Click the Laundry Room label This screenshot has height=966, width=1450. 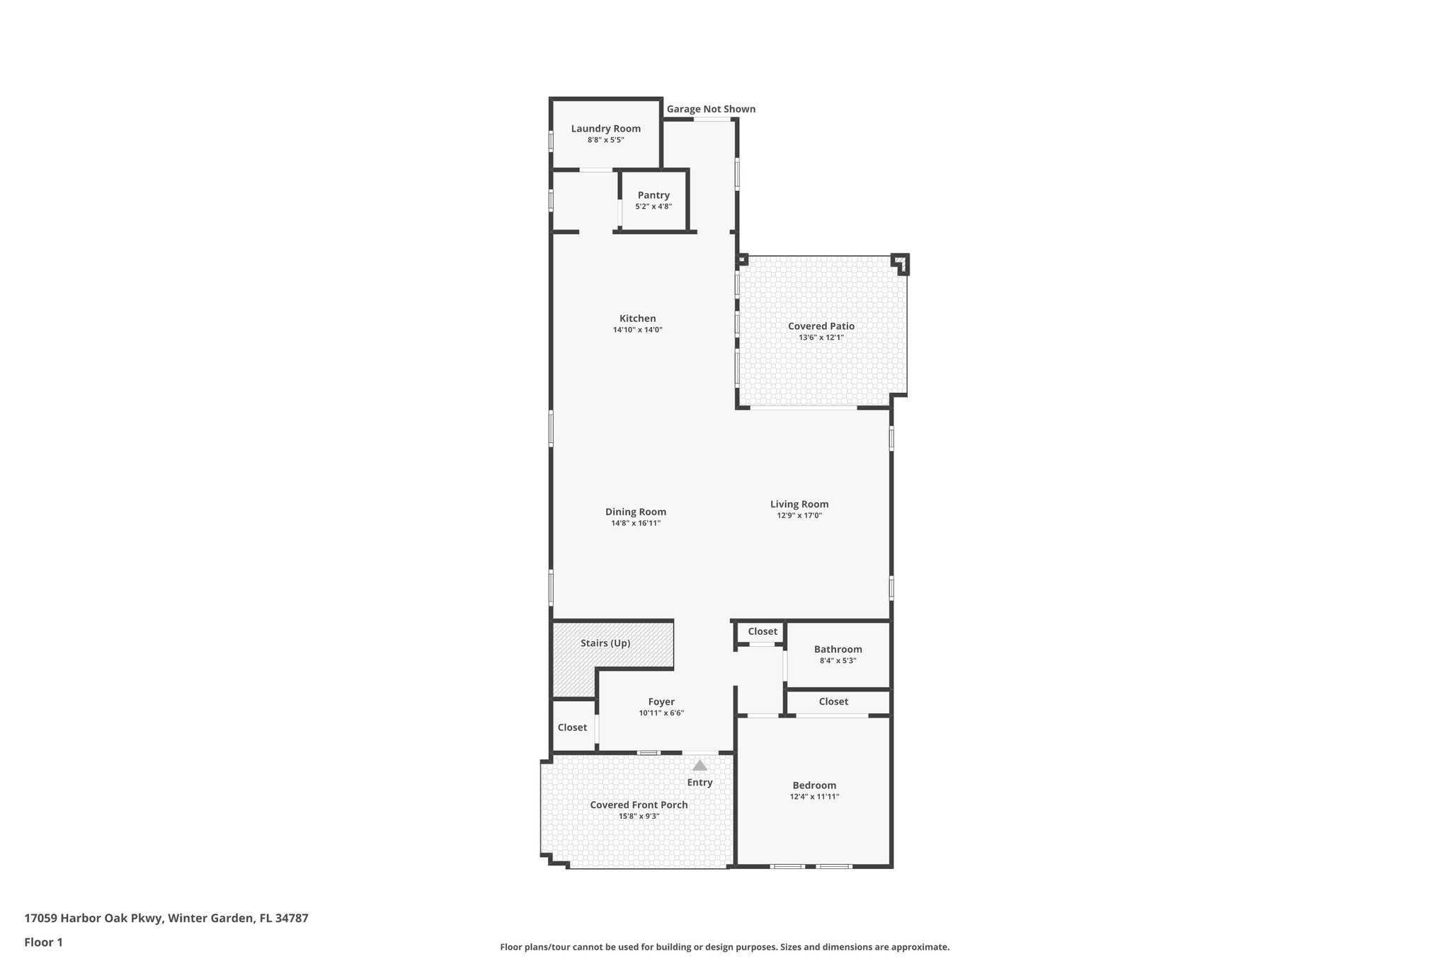[x=605, y=128]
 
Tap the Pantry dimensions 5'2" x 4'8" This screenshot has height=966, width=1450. [x=653, y=207]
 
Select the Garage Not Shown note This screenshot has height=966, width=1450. [x=711, y=109]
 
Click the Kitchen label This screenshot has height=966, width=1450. [x=637, y=318]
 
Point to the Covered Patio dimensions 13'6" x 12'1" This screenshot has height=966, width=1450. [x=821, y=338]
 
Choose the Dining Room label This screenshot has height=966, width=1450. [x=636, y=512]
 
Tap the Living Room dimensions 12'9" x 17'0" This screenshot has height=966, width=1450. [x=799, y=516]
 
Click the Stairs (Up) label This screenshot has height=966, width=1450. [x=605, y=643]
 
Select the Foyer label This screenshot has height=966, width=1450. [x=661, y=702]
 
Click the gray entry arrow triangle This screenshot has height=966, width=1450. [x=700, y=766]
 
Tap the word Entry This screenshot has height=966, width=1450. [x=700, y=782]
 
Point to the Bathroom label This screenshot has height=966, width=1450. [x=838, y=649]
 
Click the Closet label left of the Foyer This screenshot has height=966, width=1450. [x=572, y=728]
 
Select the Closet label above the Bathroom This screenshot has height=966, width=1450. [x=763, y=631]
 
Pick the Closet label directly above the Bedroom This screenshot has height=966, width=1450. [x=833, y=701]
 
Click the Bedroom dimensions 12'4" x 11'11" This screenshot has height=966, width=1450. [x=814, y=797]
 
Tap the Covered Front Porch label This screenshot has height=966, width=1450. [x=639, y=805]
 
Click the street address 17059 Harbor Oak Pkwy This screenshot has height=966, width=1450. [x=94, y=918]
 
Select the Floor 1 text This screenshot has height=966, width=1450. [x=43, y=942]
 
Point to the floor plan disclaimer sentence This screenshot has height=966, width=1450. [x=724, y=947]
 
